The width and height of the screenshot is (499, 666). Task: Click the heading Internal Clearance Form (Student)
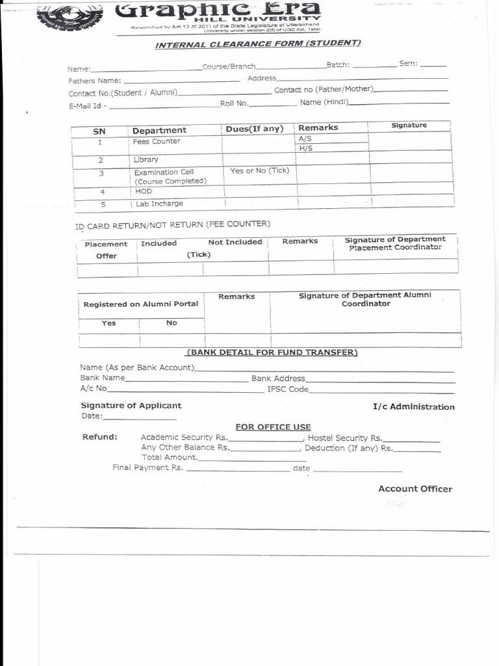coord(258,44)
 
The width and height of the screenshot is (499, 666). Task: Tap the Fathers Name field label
coord(95,81)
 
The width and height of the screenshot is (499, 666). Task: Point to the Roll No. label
coord(235,103)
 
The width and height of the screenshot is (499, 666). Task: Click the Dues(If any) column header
coord(255,129)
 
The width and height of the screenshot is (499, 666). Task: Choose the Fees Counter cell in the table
coord(157,141)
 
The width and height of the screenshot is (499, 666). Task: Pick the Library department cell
coord(146,159)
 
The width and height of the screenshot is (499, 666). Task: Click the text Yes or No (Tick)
coord(259,170)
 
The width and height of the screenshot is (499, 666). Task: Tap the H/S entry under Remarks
coord(306,148)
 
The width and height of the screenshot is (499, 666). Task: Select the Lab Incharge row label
coord(159,204)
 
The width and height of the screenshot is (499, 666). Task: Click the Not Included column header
coord(235,242)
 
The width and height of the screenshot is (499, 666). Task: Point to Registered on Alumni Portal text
coord(141,304)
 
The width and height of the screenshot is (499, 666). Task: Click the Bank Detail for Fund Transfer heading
coord(272,353)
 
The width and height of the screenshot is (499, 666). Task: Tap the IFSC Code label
coord(288,390)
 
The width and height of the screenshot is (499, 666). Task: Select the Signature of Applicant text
coord(131,406)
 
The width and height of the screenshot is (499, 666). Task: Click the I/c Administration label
coord(413,407)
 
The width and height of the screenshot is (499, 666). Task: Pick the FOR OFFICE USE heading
coord(273,427)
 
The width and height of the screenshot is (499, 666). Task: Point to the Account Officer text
coord(415,489)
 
